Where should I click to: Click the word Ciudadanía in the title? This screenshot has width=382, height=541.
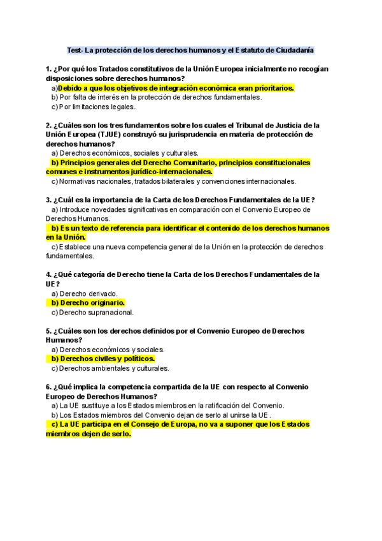[x=292, y=50]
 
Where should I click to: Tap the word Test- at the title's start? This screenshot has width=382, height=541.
[x=75, y=50]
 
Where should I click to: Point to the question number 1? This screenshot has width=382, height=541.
[x=48, y=69]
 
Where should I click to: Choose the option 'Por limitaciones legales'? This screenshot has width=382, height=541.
[x=94, y=107]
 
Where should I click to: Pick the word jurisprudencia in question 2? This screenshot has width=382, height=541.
[x=194, y=135]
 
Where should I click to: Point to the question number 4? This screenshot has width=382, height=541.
[x=48, y=274]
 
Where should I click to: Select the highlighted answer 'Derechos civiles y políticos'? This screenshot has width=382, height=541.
[x=103, y=359]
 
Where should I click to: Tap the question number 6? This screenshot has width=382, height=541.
[x=48, y=386]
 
